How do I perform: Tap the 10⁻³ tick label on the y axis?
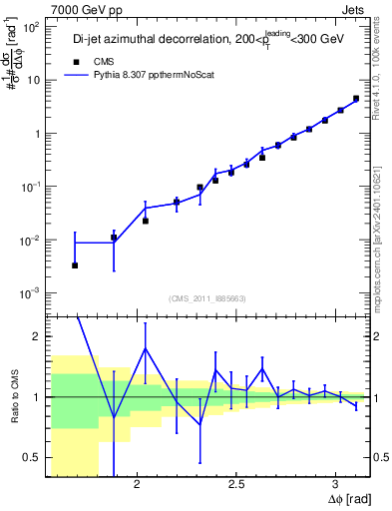click(x=34, y=292)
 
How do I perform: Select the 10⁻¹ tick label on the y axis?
click(x=34, y=187)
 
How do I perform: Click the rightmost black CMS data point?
click(x=356, y=99)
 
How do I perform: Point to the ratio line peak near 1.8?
click(x=146, y=348)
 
